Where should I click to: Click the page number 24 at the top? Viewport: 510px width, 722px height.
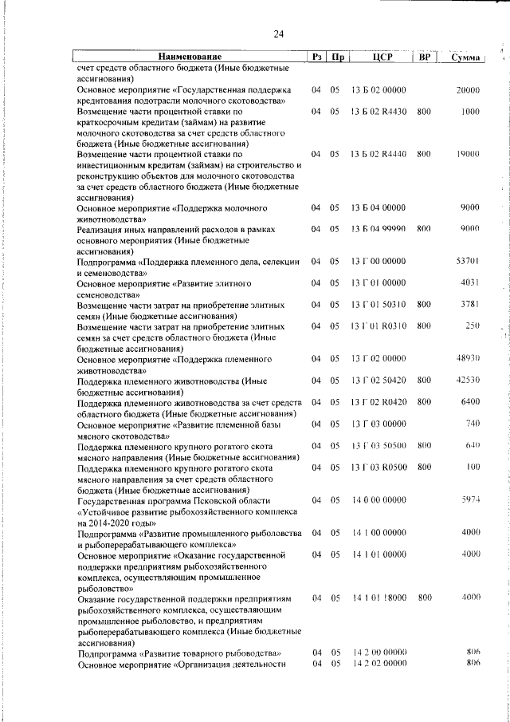278,34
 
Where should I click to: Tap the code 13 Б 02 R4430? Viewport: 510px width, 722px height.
379,112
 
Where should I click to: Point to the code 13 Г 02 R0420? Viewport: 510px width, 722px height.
379,401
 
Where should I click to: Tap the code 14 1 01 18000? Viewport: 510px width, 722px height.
379,597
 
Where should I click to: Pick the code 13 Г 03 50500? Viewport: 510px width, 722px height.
379,445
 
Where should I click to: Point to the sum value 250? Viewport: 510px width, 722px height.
472,325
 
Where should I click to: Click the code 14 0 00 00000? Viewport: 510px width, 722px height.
379,500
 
